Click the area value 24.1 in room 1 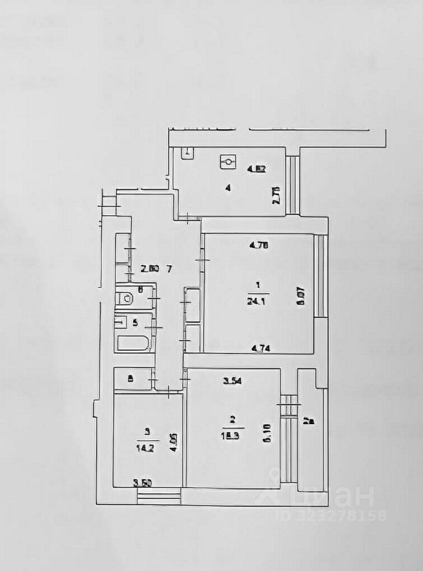(x=258, y=301)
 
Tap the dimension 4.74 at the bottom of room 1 (x=257, y=349)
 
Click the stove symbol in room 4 (x=228, y=161)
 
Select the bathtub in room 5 (x=134, y=343)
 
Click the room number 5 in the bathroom (x=135, y=323)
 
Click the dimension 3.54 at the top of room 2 (x=233, y=381)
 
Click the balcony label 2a (x=309, y=422)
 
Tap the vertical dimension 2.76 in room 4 (x=276, y=196)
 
